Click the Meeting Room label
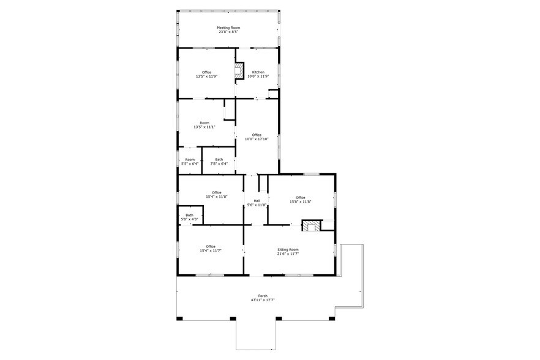[x=228, y=28]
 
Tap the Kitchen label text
[x=258, y=72]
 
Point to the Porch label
[x=263, y=296]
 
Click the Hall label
[x=257, y=200]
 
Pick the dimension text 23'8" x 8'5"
[x=228, y=32]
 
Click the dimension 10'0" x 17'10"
[x=257, y=139]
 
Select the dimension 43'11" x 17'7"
[x=263, y=300]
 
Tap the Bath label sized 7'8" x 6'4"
[x=219, y=159]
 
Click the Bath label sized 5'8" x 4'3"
[x=190, y=215]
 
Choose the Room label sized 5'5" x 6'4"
[x=190, y=159]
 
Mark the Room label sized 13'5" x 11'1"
[x=204, y=122]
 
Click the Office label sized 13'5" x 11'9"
[x=207, y=72]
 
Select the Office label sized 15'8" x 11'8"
[x=301, y=197]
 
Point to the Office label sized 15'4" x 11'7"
[x=211, y=246]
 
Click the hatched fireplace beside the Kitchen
[x=240, y=72]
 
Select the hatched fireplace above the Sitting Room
[x=311, y=227]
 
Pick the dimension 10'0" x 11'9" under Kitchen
[x=258, y=77]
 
